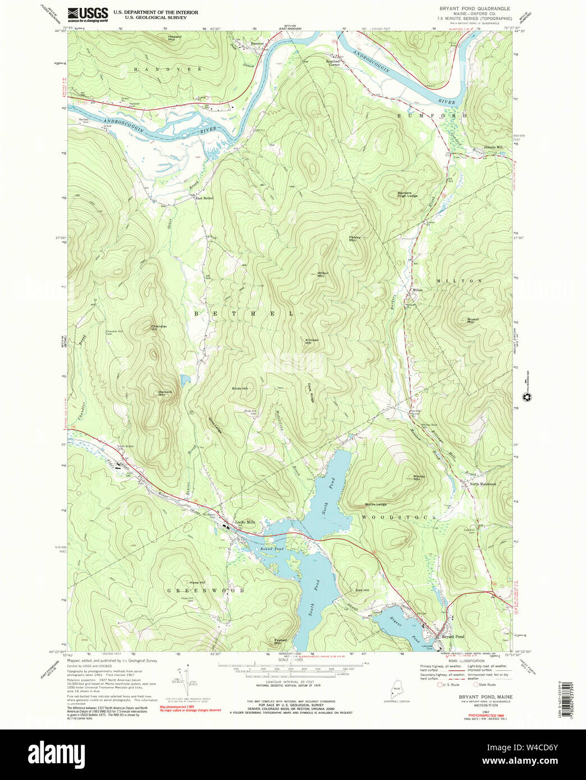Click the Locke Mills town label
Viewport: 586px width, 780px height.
click(245, 522)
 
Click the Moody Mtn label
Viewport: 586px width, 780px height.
click(419, 478)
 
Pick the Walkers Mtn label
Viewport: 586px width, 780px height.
click(164, 393)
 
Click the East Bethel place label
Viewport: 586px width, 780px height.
click(204, 198)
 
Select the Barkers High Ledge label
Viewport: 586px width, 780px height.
click(408, 194)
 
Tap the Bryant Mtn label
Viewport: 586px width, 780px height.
click(473, 320)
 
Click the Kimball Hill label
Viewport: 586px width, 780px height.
click(312, 341)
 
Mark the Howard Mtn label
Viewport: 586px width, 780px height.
click(175, 39)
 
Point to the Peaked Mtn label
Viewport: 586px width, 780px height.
click(281, 641)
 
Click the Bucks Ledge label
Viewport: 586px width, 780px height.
click(376, 504)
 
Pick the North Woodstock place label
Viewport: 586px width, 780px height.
click(483, 484)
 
